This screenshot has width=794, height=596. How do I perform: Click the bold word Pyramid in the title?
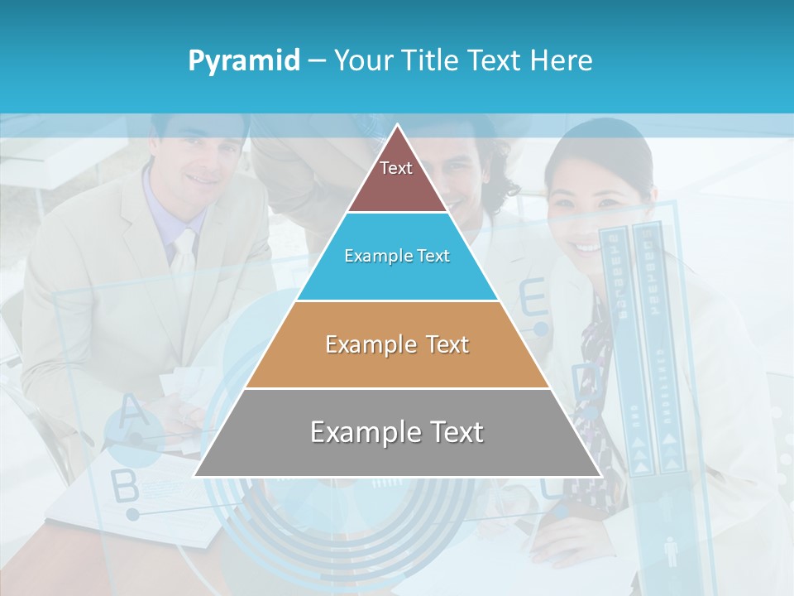pyautogui.click(x=244, y=61)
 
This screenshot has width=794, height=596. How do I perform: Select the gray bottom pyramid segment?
pyautogui.click(x=397, y=447)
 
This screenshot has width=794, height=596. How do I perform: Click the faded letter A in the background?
pyautogui.click(x=129, y=411)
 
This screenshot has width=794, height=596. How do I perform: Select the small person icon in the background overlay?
pyautogui.click(x=671, y=551)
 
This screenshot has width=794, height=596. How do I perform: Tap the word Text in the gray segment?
pyautogui.click(x=453, y=432)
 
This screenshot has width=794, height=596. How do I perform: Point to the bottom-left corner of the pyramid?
pyautogui.click(x=194, y=476)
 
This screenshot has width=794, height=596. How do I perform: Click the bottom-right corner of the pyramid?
pyautogui.click(x=600, y=476)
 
